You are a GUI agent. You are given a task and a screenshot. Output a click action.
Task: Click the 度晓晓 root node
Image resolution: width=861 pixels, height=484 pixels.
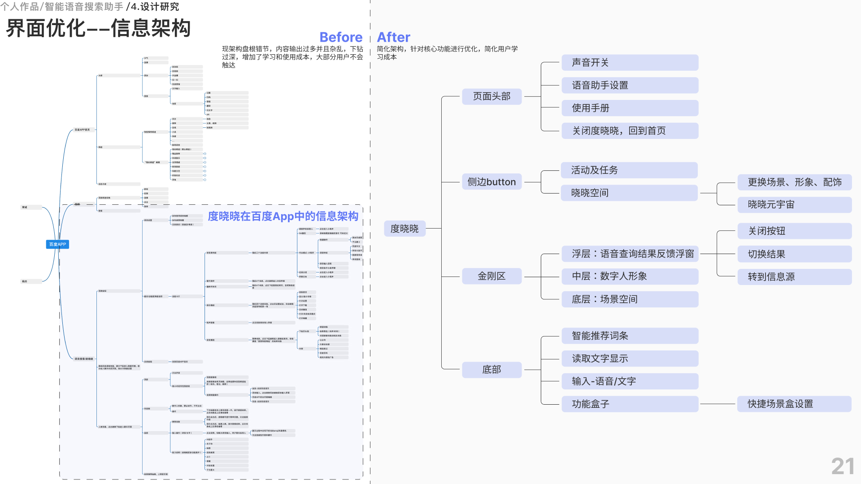[404, 229]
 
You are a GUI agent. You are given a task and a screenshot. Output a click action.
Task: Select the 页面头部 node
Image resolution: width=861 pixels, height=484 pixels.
[491, 96]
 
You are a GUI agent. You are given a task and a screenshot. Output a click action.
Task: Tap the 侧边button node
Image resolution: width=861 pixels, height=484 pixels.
[491, 182]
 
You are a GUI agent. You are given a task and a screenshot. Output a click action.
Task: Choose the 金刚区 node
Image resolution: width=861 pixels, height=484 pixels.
[491, 276]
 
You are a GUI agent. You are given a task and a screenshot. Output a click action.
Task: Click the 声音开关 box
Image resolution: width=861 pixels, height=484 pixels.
[630, 63]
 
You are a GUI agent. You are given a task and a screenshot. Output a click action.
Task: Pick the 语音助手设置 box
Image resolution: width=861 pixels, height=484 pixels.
[630, 85]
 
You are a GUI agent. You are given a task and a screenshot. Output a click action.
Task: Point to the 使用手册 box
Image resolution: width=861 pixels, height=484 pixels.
[630, 108]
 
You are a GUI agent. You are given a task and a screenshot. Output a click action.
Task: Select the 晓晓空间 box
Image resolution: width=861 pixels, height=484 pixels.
[629, 193]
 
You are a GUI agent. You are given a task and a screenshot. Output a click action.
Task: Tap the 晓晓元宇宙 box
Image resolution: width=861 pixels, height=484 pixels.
[794, 204]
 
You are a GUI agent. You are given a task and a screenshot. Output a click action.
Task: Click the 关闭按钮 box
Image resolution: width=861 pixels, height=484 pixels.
[794, 231]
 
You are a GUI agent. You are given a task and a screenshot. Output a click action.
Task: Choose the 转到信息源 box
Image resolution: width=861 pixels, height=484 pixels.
[794, 277]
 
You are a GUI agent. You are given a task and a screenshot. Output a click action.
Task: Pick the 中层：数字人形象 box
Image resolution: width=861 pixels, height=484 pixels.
[630, 276]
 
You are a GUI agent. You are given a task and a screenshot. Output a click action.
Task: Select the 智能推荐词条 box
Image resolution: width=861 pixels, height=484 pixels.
[630, 336]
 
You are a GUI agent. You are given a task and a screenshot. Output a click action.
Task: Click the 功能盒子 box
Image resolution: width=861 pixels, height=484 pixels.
[630, 404]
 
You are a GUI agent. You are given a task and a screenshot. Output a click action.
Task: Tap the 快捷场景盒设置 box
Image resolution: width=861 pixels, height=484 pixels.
[794, 404]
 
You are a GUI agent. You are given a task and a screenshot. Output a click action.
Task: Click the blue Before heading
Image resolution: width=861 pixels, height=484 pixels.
[341, 37]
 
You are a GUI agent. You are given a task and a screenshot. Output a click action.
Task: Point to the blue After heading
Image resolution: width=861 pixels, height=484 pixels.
[393, 37]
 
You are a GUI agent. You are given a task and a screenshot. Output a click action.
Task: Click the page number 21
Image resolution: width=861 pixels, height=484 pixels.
[843, 467]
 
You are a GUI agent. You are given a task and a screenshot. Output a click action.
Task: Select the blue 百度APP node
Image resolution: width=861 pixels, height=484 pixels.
[57, 244]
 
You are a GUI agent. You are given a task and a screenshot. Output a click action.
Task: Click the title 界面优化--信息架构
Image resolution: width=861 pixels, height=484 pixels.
[98, 28]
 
